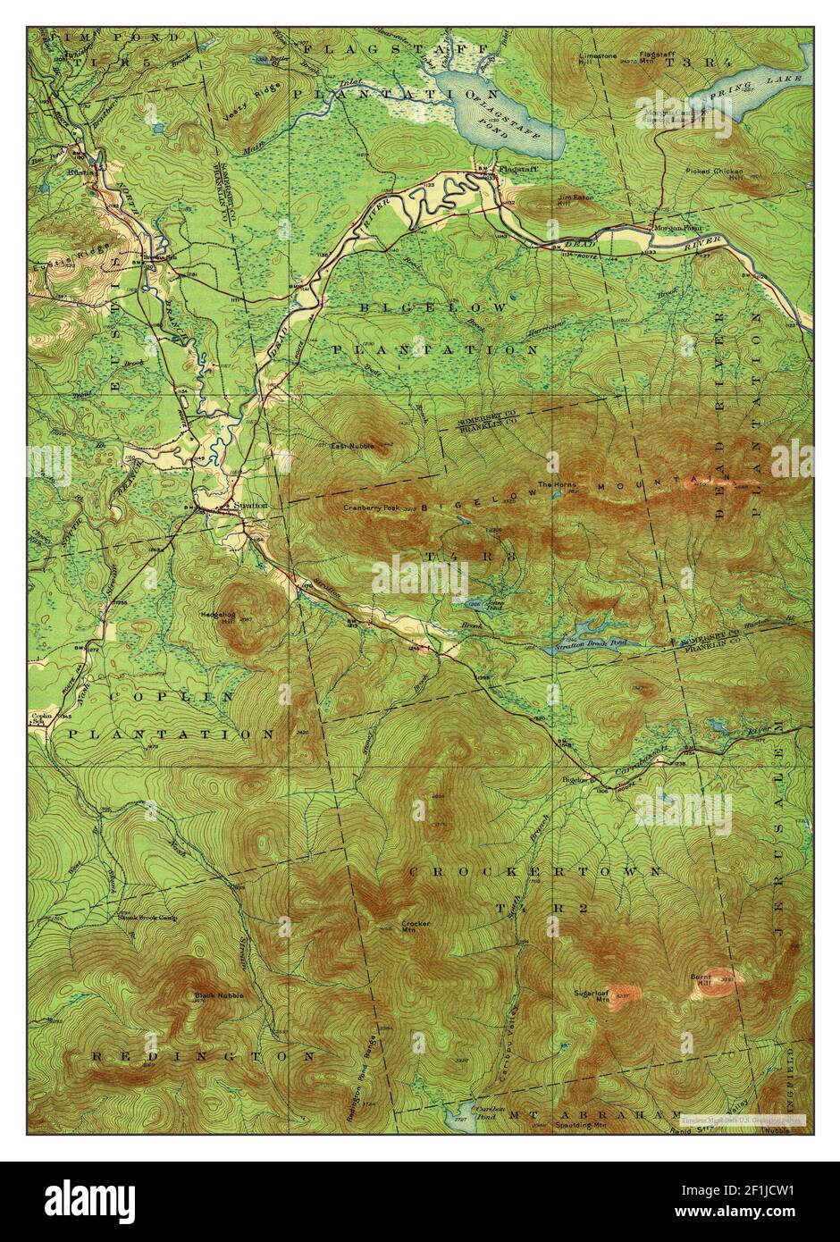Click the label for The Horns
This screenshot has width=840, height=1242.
[x=551, y=485]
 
